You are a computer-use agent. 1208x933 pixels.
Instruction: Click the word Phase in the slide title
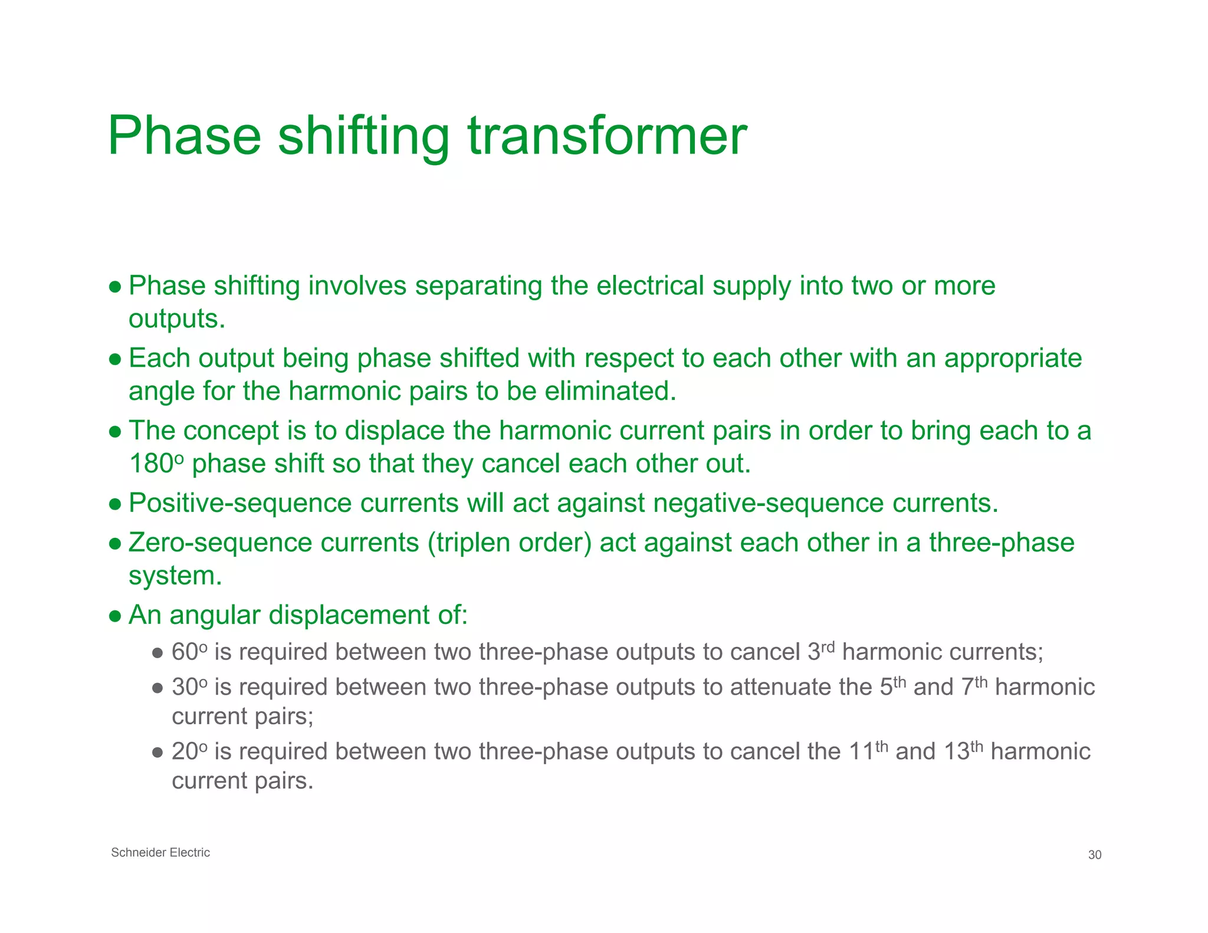[184, 137]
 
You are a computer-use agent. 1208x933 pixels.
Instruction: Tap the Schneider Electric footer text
[160, 853]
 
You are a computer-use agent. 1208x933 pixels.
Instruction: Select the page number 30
[1094, 855]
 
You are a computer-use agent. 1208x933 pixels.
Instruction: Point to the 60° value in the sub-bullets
[189, 652]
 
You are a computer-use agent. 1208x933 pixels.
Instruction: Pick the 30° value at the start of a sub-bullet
[189, 688]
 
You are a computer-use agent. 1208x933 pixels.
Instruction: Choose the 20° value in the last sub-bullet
[189, 752]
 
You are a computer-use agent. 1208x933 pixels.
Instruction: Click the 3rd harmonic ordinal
[821, 652]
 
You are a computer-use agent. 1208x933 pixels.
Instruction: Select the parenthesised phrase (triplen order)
[509, 543]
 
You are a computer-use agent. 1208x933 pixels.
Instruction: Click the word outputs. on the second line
[177, 319]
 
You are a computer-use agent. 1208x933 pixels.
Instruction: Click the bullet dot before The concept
[116, 432]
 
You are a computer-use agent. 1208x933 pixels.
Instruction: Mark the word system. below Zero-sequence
[175, 576]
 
